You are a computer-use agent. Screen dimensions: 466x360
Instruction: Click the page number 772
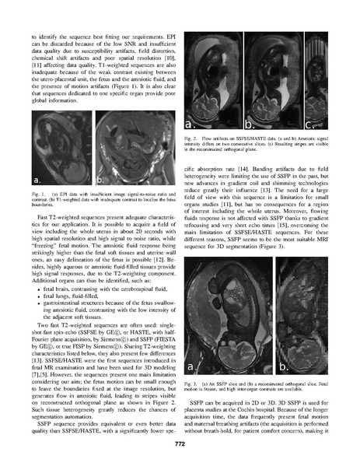(180, 440)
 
